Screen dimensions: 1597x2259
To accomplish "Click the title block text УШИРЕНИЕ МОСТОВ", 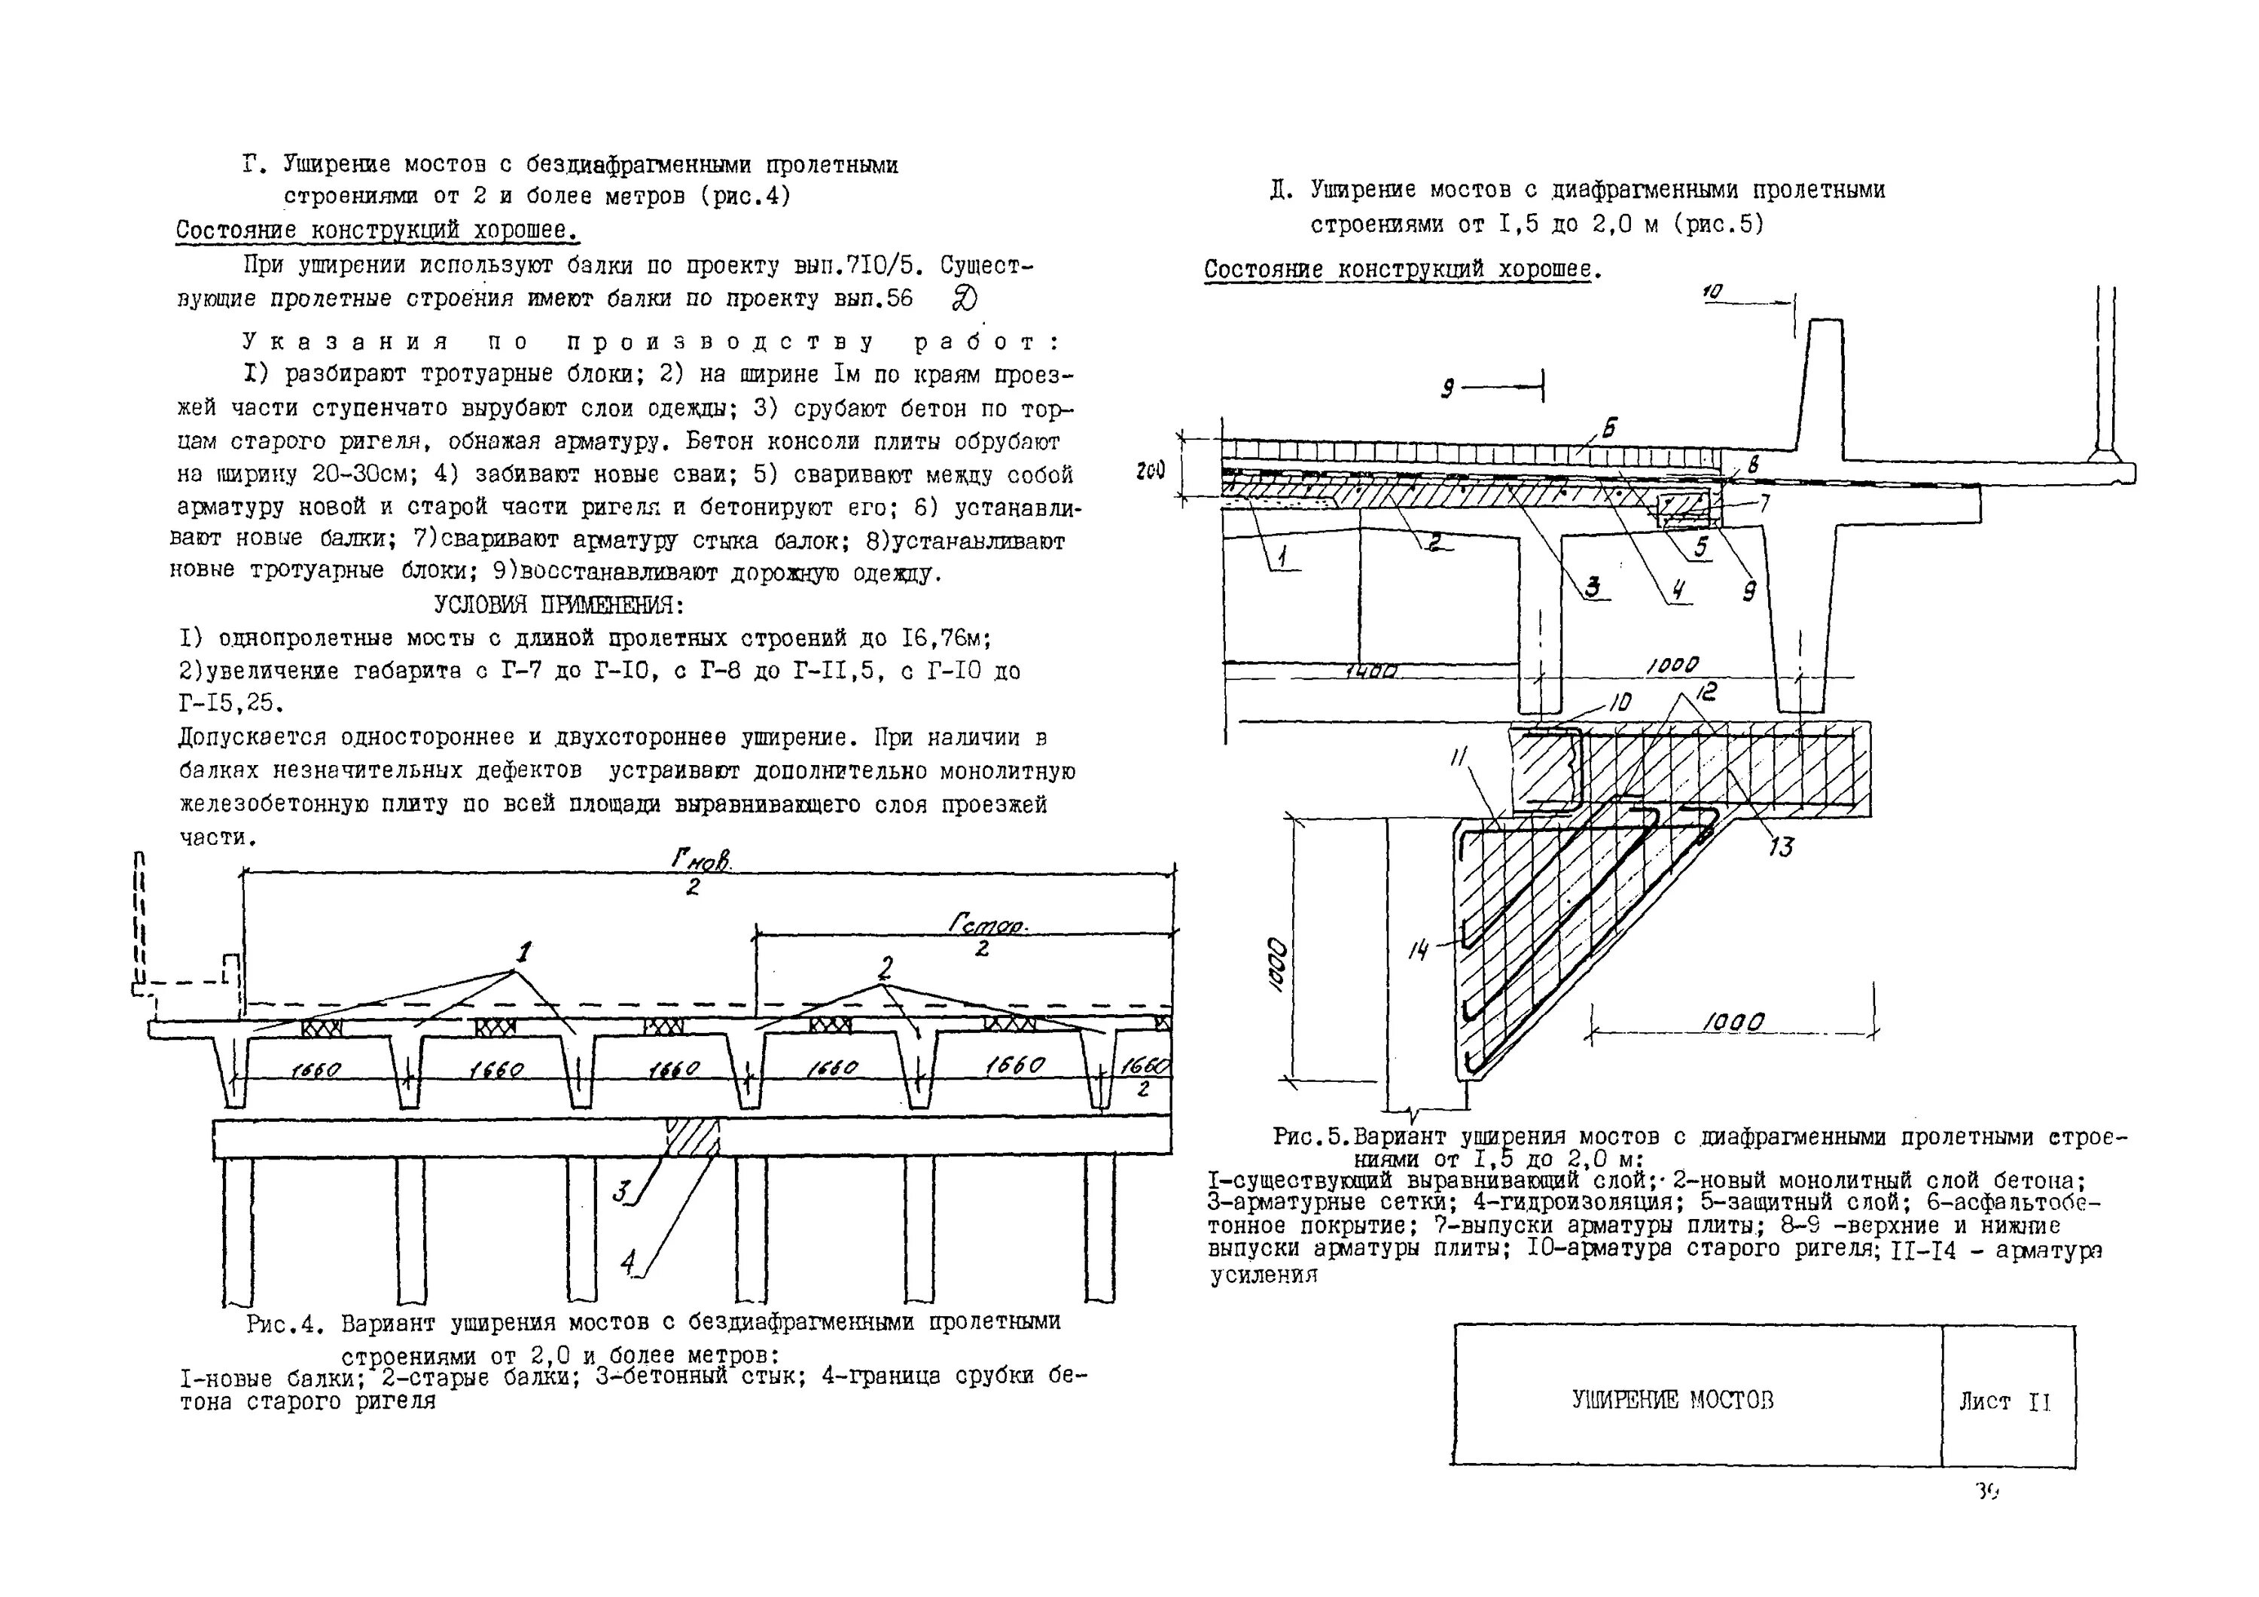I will point(1672,1399).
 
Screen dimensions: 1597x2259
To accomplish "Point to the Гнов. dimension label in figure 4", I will point(700,860).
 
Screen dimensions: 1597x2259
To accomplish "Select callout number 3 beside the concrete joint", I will point(620,1193).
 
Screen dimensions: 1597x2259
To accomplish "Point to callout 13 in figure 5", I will point(1781,846).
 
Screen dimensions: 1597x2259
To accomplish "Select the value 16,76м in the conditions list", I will point(944,638).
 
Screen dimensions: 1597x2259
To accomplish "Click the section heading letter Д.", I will point(1280,190).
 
